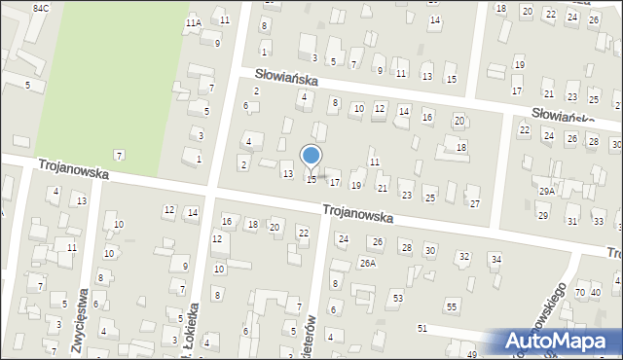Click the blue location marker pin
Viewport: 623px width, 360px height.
[311, 156]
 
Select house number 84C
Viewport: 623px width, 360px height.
[40, 8]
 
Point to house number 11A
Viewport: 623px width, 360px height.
[194, 22]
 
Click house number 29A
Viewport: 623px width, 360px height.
[547, 192]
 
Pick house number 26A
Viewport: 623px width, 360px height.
[367, 263]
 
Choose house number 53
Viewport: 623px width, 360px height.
[397, 297]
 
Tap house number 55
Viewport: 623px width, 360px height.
[452, 306]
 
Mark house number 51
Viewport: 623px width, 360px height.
[421, 329]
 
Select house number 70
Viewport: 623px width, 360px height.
[580, 292]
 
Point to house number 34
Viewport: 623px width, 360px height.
[495, 259]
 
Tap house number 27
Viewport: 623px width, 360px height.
[474, 203]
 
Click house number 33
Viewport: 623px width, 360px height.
[598, 222]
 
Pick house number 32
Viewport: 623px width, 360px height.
[464, 256]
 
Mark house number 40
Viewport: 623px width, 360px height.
[596, 292]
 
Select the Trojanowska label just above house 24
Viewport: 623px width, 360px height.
[357, 213]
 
